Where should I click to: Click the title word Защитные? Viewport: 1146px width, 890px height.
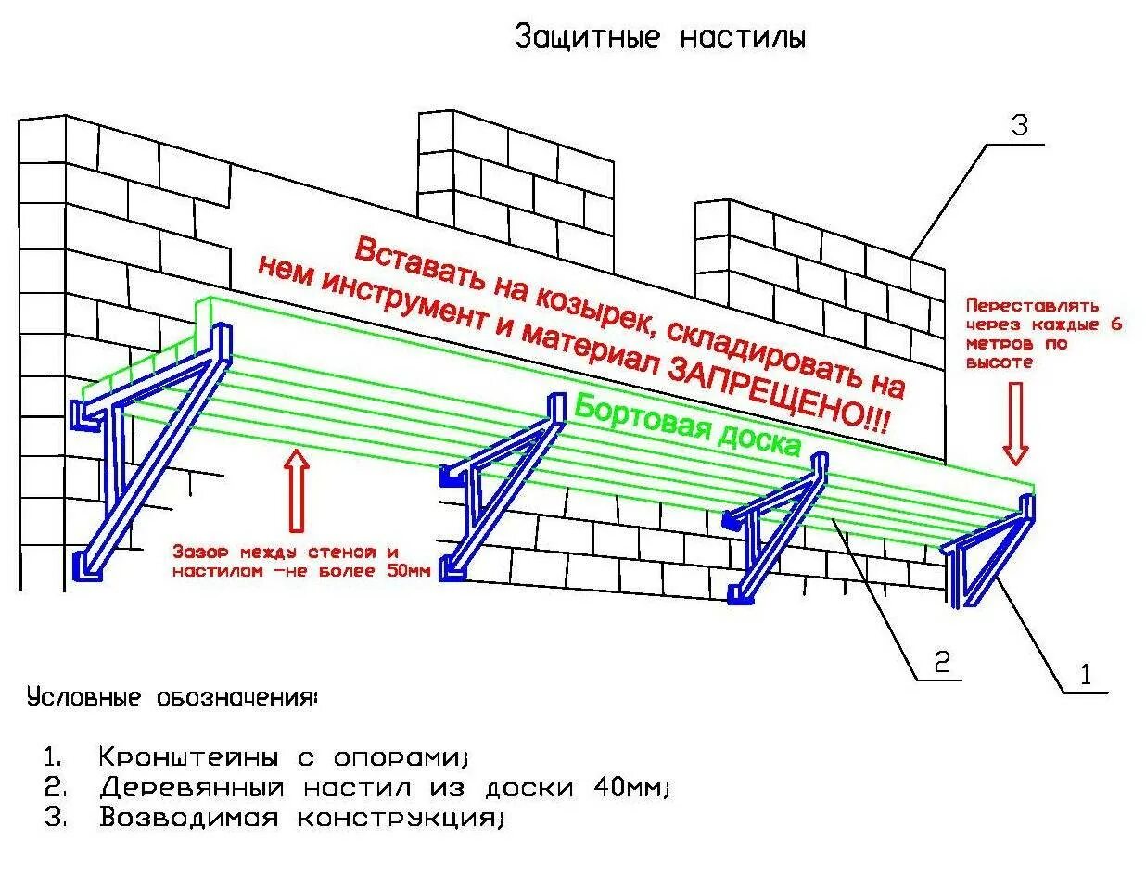pos(588,38)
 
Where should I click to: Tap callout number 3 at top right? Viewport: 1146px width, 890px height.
pos(1020,125)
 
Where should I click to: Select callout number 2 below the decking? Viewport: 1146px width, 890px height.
pos(941,661)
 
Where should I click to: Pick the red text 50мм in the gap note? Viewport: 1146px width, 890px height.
pos(409,572)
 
